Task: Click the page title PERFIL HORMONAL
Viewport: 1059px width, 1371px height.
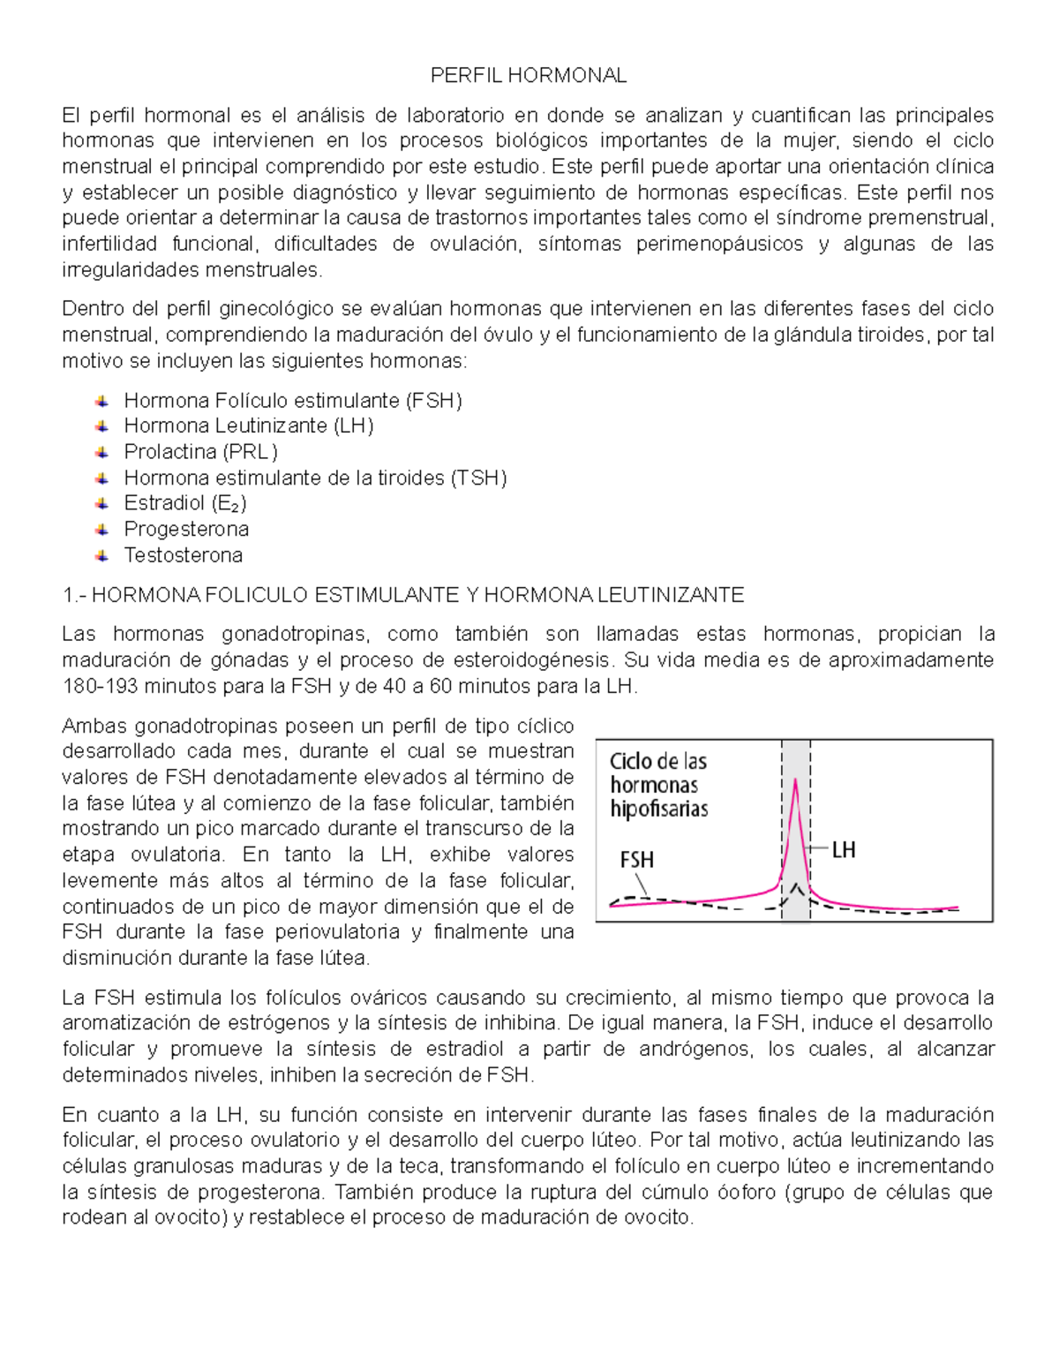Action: click(x=528, y=76)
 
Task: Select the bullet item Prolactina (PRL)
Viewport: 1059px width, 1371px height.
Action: click(x=200, y=452)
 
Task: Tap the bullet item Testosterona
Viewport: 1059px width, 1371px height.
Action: click(x=183, y=555)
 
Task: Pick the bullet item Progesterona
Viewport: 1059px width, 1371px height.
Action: click(x=186, y=530)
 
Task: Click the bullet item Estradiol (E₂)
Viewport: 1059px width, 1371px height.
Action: click(x=184, y=504)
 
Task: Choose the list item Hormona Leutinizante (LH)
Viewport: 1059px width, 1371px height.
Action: click(x=248, y=426)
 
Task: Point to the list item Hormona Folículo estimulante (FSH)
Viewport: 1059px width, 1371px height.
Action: click(x=292, y=401)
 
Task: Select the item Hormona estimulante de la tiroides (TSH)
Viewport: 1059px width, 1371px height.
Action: click(x=315, y=478)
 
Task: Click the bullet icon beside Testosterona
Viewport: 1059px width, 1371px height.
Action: click(x=103, y=555)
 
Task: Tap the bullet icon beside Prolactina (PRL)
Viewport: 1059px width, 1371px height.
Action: click(x=103, y=452)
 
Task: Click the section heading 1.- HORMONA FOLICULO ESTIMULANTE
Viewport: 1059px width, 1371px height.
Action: click(x=403, y=596)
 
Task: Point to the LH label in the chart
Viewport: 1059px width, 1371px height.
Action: click(x=844, y=850)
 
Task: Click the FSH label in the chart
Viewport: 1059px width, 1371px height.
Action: click(x=636, y=860)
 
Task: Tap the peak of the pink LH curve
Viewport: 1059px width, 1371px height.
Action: click(x=796, y=780)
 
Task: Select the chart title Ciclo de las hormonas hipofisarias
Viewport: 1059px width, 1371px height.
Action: click(x=658, y=785)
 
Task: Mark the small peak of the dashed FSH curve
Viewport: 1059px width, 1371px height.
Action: click(x=797, y=884)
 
